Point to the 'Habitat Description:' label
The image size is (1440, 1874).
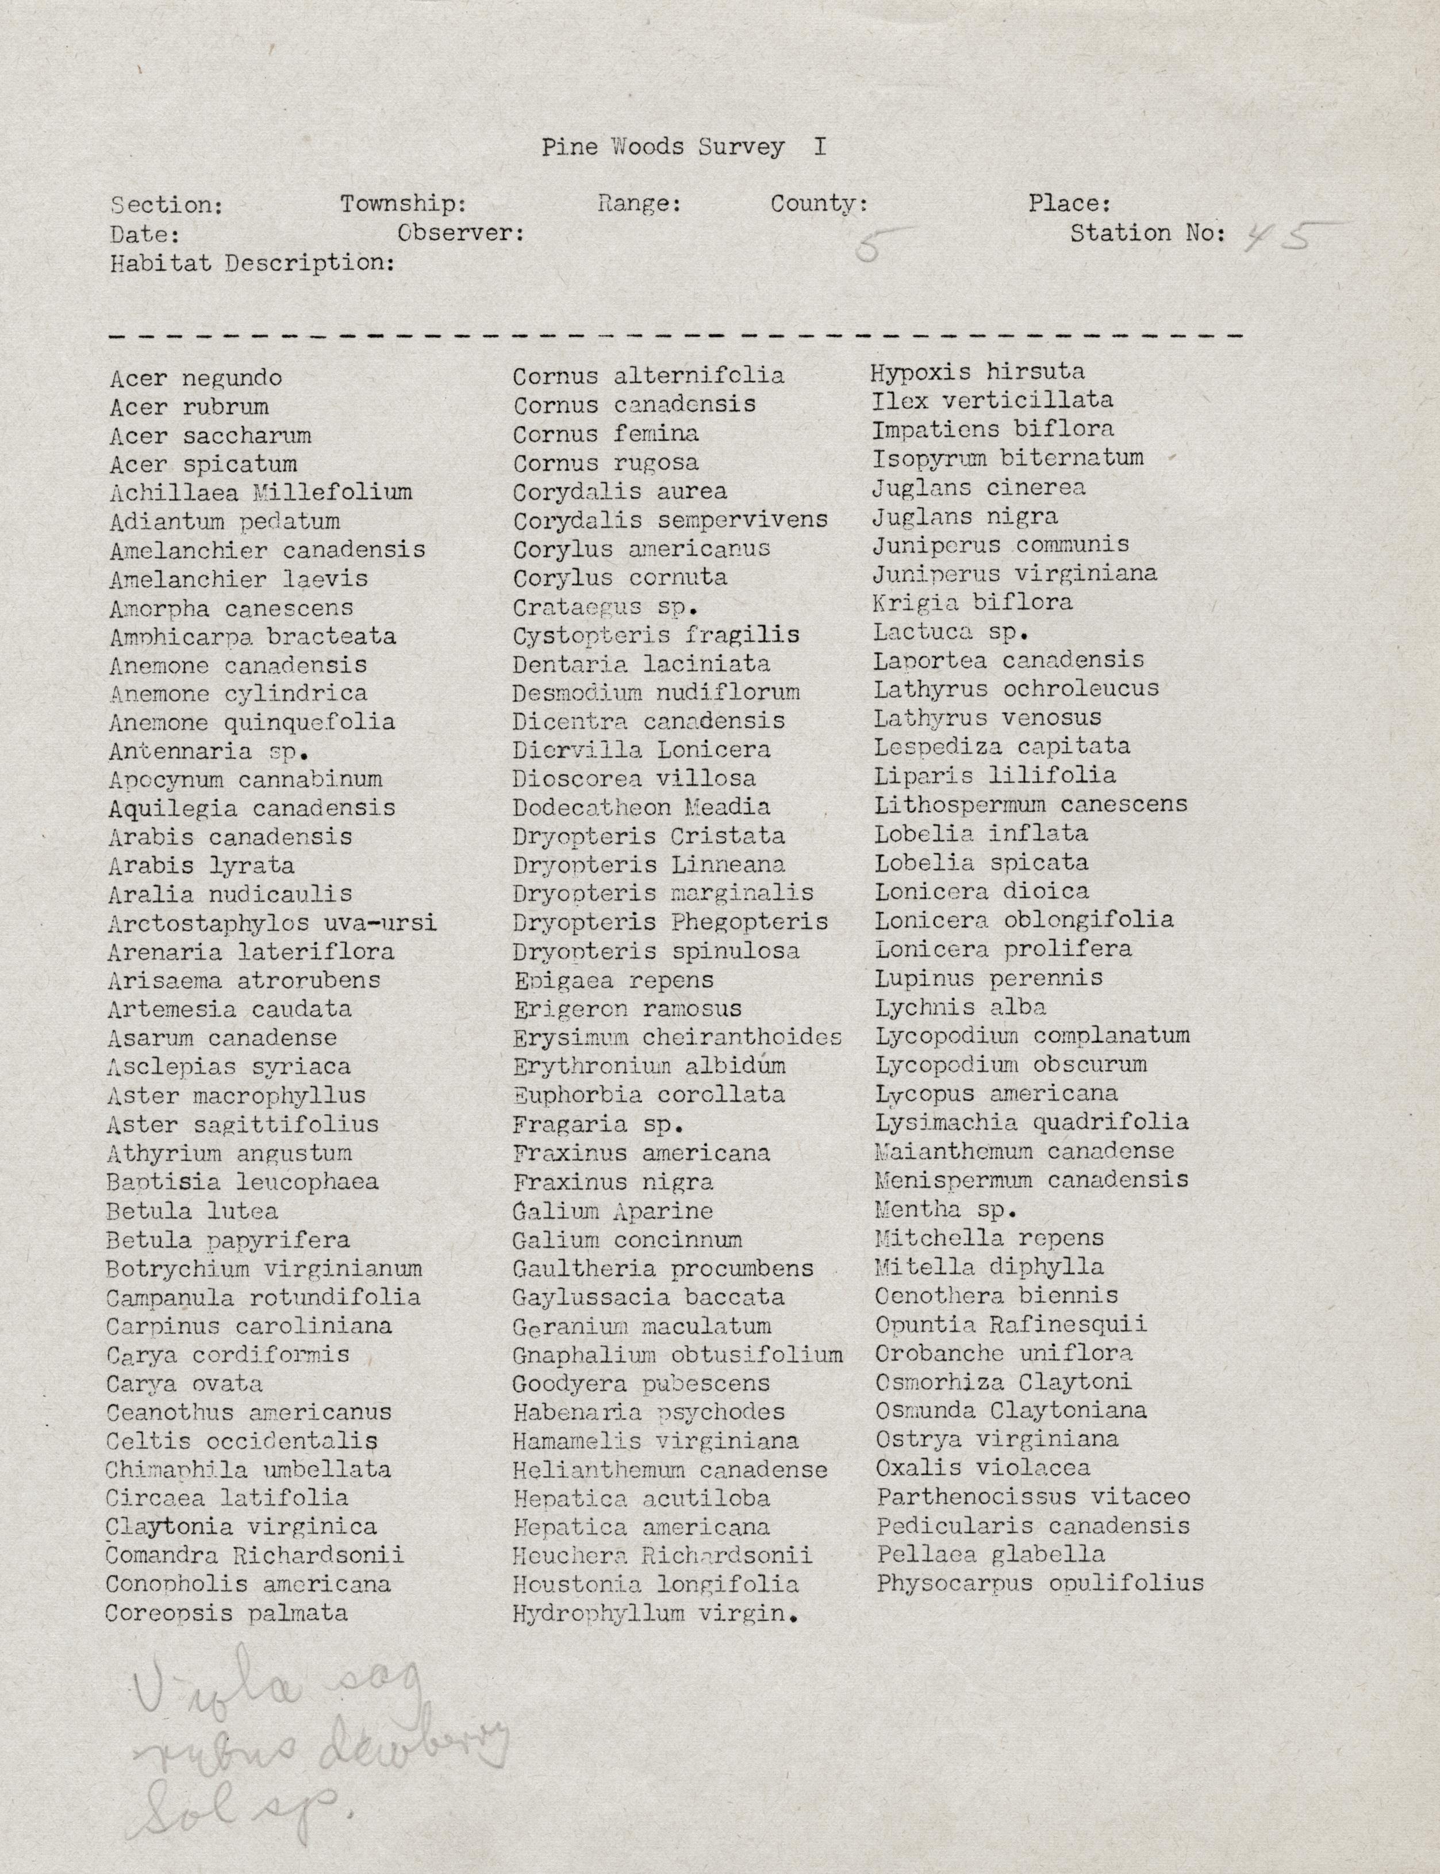point(252,263)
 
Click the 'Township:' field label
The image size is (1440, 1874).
point(403,205)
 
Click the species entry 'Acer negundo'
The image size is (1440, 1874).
point(195,378)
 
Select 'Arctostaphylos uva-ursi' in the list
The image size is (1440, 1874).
point(272,923)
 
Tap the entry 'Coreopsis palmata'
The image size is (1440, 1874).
point(226,1614)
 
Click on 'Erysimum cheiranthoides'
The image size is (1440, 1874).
point(677,1038)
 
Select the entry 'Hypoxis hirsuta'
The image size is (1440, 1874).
point(977,372)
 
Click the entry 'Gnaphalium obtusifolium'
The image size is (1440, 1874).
point(677,1355)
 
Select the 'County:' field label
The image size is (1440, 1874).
point(819,204)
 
